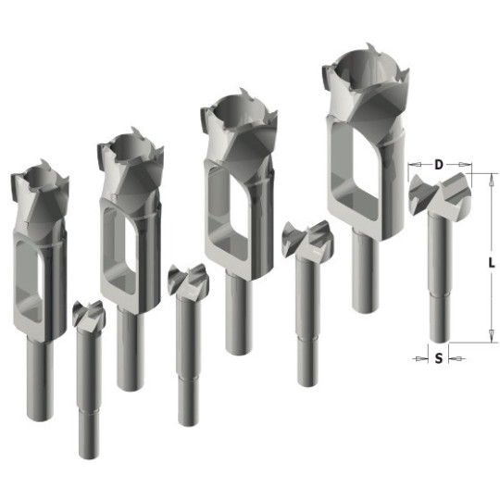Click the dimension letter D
pyautogui.click(x=439, y=165)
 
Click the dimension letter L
pyautogui.click(x=492, y=263)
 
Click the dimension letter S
pyautogui.click(x=439, y=358)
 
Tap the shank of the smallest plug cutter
pyautogui.click(x=40, y=380)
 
